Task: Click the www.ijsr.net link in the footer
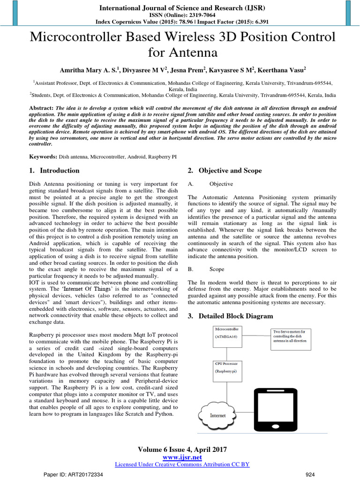pos(182,457)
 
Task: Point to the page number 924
pos(310,474)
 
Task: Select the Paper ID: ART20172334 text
pos(73,474)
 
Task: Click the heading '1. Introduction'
pos(54,171)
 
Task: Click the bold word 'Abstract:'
pos(41,108)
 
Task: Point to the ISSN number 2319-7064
pos(197,15)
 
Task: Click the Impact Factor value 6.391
pos(254,22)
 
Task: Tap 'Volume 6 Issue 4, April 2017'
pos(182,450)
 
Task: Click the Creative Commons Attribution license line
pos(182,464)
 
